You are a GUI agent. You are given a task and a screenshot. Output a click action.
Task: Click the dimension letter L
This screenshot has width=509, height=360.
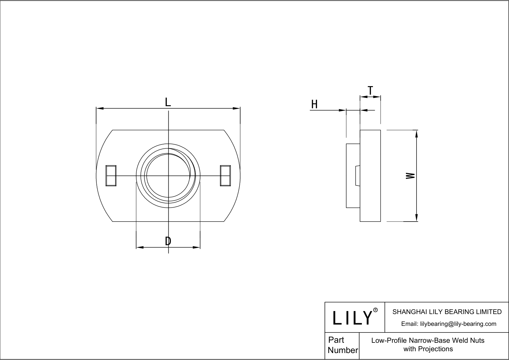click(x=168, y=102)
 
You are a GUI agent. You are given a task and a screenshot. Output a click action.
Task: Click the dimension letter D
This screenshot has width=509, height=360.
click(x=168, y=241)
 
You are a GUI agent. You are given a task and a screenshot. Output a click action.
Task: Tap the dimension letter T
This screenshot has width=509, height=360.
click(x=370, y=90)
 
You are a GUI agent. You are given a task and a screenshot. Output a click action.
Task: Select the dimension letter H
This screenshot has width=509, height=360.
click(x=314, y=105)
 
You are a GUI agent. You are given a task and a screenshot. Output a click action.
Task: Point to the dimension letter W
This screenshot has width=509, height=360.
click(x=410, y=176)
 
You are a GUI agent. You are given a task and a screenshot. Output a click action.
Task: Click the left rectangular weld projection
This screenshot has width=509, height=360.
click(x=111, y=176)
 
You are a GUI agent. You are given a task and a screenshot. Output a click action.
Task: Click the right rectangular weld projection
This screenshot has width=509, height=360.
click(x=225, y=176)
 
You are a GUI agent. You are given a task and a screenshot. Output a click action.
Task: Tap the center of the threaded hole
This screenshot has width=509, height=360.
click(x=168, y=176)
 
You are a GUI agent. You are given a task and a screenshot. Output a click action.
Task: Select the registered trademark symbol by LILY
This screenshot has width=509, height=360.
click(x=375, y=310)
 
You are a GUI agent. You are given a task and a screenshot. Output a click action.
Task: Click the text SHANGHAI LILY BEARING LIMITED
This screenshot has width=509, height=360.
click(x=447, y=312)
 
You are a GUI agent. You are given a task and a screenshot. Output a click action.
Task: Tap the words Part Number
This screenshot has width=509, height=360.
click(x=342, y=345)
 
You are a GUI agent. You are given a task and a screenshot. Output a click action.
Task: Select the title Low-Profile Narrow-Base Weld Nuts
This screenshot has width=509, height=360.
click(x=428, y=340)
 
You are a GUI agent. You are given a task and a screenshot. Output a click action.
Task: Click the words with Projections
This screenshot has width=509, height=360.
click(x=428, y=349)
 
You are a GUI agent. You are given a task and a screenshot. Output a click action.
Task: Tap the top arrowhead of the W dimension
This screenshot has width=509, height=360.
click(x=417, y=133)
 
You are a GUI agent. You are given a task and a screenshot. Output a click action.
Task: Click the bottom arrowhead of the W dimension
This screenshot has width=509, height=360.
click(x=417, y=218)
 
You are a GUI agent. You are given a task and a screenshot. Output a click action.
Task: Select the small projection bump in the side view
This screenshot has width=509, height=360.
click(x=357, y=176)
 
